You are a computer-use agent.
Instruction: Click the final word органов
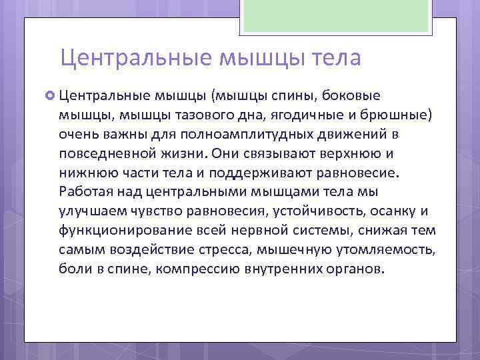click(x=357, y=270)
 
